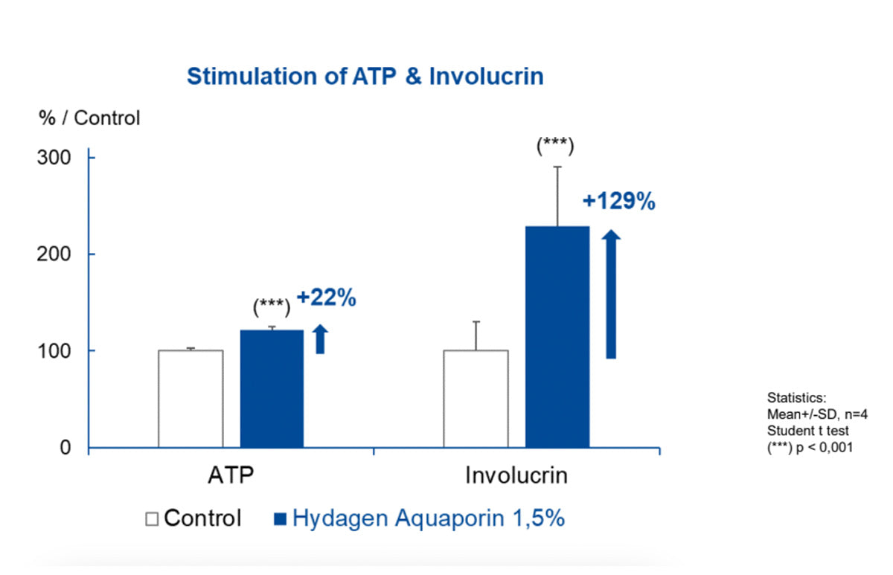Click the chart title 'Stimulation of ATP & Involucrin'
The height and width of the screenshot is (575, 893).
[365, 77]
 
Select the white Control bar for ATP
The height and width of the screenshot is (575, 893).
[191, 399]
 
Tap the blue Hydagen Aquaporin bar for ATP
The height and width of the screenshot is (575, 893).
[272, 388]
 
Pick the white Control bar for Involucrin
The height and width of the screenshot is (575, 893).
[476, 399]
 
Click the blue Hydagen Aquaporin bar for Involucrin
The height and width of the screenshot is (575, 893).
[557, 336]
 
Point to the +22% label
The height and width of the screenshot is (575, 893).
[327, 298]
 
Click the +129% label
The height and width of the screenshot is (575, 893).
[618, 202]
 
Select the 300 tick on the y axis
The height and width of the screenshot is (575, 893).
[55, 158]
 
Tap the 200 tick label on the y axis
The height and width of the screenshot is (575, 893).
[55, 254]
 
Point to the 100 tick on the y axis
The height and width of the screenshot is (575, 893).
[55, 350]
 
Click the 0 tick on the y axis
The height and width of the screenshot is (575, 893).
[65, 448]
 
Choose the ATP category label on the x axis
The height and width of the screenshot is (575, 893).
[231, 476]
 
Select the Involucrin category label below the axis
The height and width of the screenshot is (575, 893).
[516, 476]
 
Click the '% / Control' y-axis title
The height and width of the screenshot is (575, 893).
[89, 118]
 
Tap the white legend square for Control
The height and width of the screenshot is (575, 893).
[152, 519]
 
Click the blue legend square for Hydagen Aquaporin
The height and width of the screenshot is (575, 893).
[281, 519]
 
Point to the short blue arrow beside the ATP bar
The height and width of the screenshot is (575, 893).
[321, 338]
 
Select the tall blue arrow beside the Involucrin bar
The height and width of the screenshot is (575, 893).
[611, 295]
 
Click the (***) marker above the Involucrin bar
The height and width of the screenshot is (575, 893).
[555, 146]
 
